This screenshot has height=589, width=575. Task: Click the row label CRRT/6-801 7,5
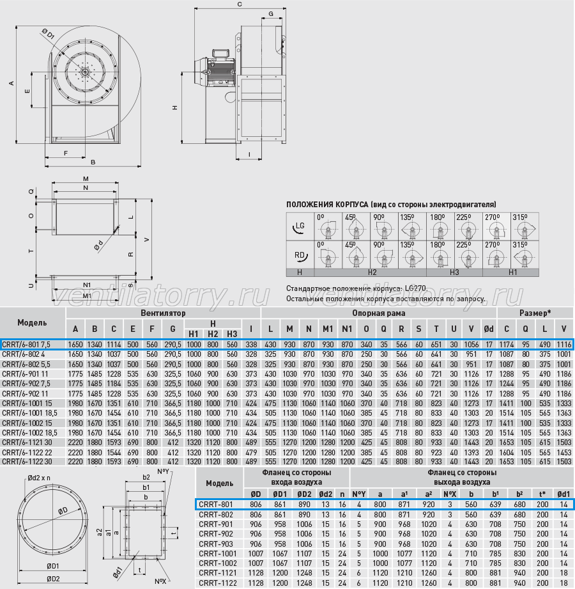[26, 345]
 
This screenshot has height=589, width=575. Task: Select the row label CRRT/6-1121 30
[27, 443]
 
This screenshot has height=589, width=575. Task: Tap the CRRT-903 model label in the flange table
[216, 544]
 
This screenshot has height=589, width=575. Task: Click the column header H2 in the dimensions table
[213, 334]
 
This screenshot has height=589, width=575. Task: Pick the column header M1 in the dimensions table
[328, 329]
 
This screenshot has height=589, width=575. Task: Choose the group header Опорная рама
[379, 313]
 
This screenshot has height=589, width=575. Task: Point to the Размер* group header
[535, 313]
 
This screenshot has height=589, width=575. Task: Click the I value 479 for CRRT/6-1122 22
[251, 453]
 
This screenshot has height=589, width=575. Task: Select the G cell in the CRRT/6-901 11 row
[172, 374]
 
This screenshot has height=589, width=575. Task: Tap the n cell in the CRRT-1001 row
[342, 554]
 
